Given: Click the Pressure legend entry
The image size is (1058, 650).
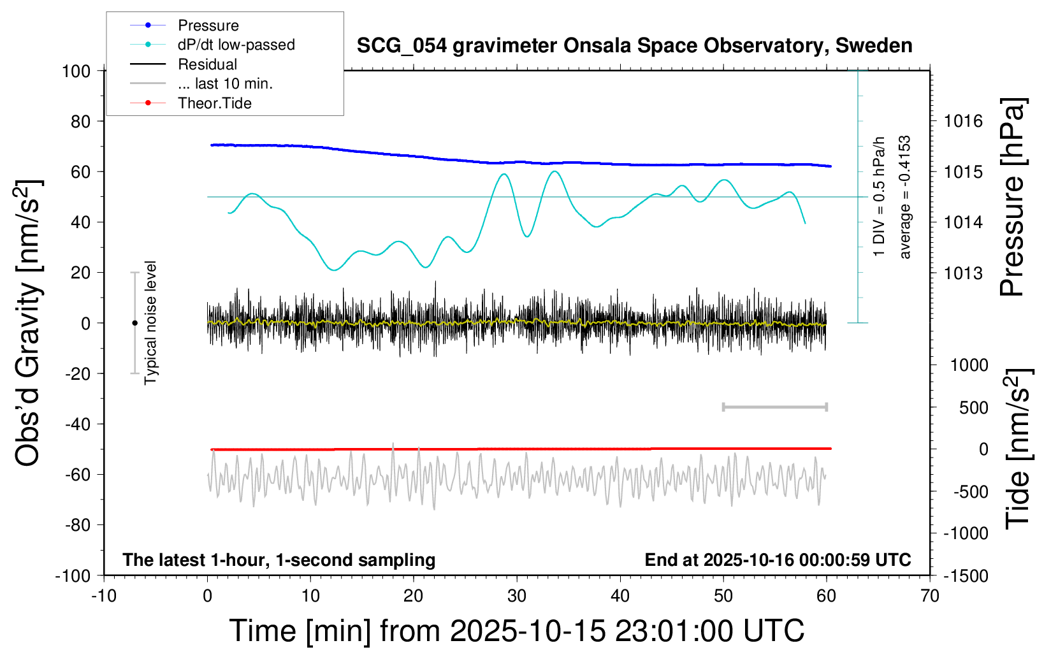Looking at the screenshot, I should click(208, 25).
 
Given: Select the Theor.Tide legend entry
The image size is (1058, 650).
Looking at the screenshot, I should click(214, 103).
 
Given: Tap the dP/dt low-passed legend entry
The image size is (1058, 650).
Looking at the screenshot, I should click(236, 45).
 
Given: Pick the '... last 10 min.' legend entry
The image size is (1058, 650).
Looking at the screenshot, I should click(225, 83).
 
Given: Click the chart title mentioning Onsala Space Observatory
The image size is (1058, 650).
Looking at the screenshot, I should click(634, 46).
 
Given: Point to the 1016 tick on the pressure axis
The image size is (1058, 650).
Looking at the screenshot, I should click(963, 121).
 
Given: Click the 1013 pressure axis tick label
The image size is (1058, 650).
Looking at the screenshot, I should click(963, 273).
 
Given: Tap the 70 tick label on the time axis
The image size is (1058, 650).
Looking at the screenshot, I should click(930, 596).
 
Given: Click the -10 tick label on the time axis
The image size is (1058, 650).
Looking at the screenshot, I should click(104, 596).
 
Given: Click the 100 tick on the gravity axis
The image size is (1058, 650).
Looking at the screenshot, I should click(76, 71).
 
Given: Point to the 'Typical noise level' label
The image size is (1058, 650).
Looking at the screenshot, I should click(150, 322).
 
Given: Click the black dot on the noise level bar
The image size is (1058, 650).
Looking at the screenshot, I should click(134, 323).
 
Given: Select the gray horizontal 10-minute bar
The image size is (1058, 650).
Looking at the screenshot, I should click(774, 407).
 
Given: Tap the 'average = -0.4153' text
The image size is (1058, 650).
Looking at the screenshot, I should click(905, 198).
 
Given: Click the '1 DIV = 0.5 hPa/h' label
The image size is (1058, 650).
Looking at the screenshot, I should click(880, 196).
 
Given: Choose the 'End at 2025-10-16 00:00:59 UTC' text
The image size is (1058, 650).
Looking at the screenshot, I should click(778, 560).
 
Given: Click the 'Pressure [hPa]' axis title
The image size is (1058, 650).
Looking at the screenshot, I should click(1011, 198).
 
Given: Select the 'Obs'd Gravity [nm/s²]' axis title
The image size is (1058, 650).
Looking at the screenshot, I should click(29, 322).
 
